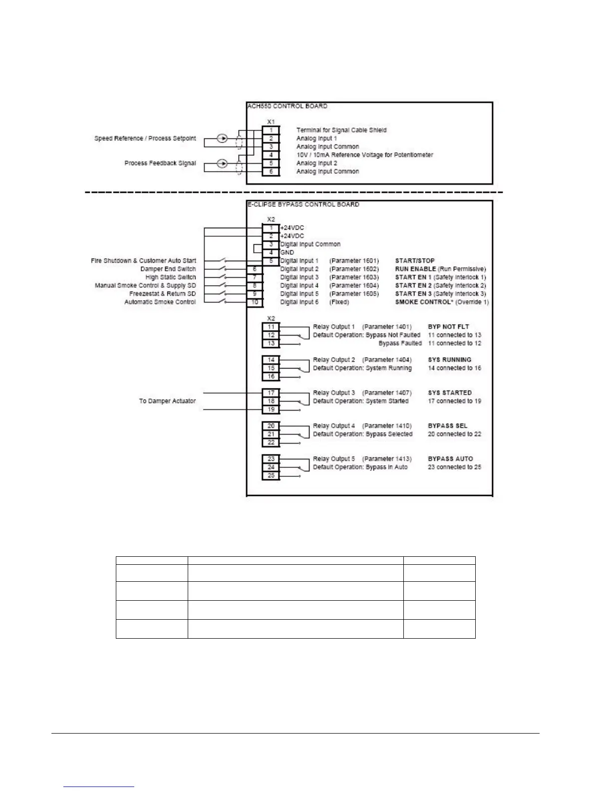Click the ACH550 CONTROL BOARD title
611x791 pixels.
pyautogui.click(x=288, y=106)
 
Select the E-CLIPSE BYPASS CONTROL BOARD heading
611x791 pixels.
pyautogui.click(x=304, y=204)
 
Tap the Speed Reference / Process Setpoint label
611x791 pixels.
pyautogui.click(x=145, y=138)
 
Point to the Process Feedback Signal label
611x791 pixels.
pyautogui.click(x=160, y=163)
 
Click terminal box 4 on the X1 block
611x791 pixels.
pyautogui.click(x=271, y=155)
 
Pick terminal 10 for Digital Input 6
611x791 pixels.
pyautogui.click(x=255, y=302)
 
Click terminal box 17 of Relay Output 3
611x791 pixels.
pyautogui.click(x=271, y=393)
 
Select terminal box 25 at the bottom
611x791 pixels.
pyautogui.click(x=271, y=475)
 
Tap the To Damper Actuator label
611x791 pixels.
pyautogui.click(x=167, y=401)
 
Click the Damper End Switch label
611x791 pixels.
pyautogui.click(x=168, y=269)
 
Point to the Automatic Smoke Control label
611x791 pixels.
pyautogui.click(x=160, y=302)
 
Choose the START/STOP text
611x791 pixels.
pyautogui.click(x=415, y=261)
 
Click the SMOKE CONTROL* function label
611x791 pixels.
pyautogui.click(x=424, y=302)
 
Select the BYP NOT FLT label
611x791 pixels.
pyautogui.click(x=448, y=327)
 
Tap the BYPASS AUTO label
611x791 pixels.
pyautogui.click(x=450, y=459)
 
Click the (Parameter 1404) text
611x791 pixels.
pyautogui.click(x=387, y=360)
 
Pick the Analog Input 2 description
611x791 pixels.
pyautogui.click(x=317, y=163)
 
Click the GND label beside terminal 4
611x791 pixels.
pyautogui.click(x=287, y=252)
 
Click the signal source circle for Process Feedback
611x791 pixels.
pyautogui.click(x=223, y=163)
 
